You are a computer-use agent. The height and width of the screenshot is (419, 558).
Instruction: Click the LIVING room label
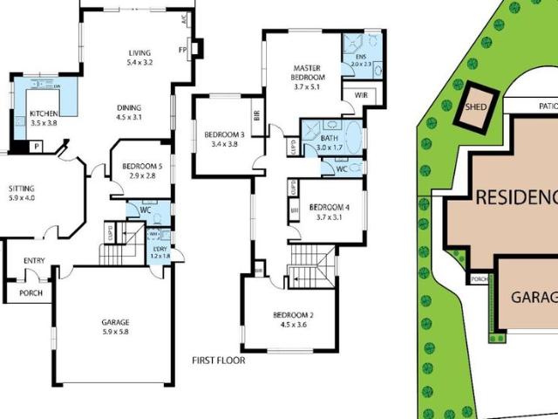click(x=139, y=52)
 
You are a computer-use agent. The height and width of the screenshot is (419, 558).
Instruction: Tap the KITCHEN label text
click(x=44, y=114)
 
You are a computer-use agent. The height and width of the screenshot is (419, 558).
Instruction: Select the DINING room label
click(x=129, y=109)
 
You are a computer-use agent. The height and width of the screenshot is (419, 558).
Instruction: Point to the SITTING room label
click(x=22, y=188)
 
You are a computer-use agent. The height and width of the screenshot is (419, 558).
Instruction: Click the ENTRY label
click(x=34, y=260)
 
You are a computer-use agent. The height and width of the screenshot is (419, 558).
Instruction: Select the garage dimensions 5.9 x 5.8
click(x=115, y=332)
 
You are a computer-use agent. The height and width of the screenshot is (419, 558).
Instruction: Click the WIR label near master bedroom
click(x=359, y=95)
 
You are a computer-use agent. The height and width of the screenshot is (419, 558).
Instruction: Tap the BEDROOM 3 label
click(x=223, y=134)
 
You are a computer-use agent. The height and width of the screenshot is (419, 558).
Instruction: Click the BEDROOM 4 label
click(x=329, y=207)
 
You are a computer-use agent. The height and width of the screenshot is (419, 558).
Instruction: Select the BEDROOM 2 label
click(x=292, y=315)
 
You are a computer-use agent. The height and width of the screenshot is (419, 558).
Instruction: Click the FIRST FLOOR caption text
click(x=218, y=360)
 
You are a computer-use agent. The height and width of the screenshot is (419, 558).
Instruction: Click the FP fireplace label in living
click(x=183, y=50)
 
